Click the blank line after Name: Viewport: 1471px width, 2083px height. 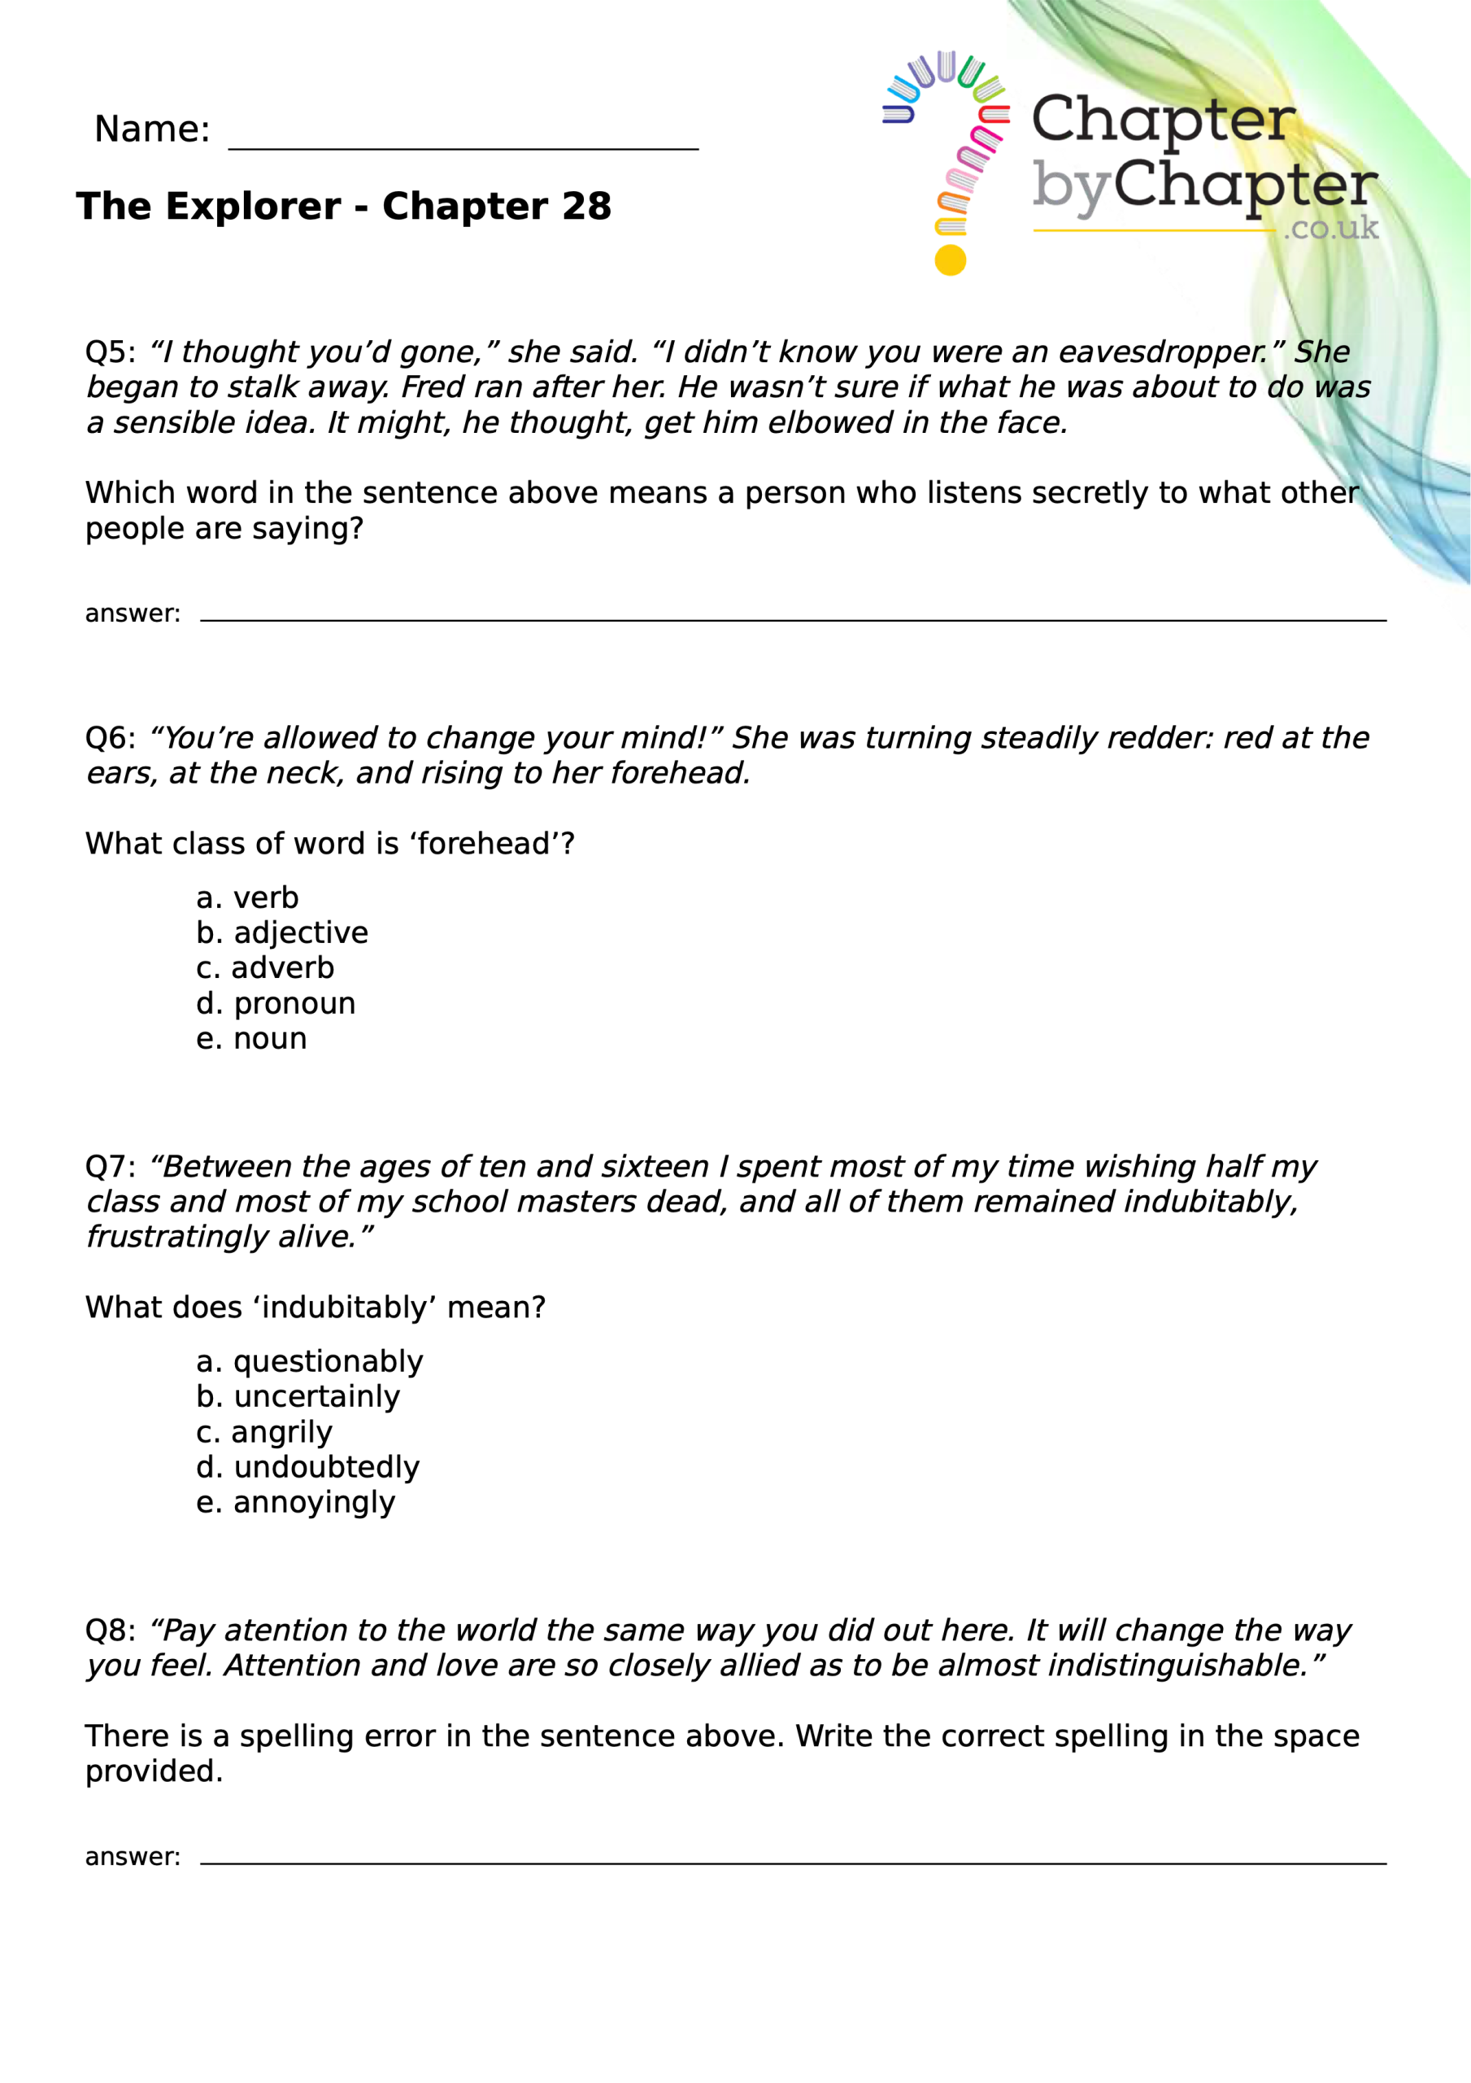tap(463, 145)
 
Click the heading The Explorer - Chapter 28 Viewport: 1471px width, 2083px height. tap(344, 206)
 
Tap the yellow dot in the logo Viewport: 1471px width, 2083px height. tap(950, 260)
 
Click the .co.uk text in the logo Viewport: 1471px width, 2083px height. tap(1330, 228)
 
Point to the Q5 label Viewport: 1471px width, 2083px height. tap(110, 352)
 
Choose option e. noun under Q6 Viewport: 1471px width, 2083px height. tap(251, 1039)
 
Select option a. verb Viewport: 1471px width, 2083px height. tap(246, 898)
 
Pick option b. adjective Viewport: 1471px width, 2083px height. tap(282, 932)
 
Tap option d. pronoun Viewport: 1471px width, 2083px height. tap(276, 1003)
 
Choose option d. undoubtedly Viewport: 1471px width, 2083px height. tap(307, 1467)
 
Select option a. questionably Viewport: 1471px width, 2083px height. tap(309, 1362)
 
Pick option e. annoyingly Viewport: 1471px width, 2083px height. tap(296, 1502)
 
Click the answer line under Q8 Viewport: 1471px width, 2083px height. tap(793, 1862)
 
